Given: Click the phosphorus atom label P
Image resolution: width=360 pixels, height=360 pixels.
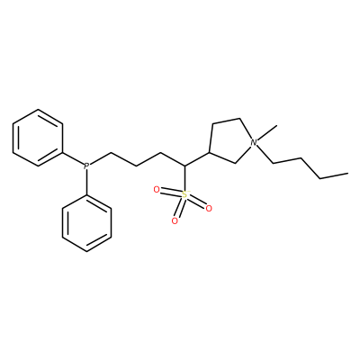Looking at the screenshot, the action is pyautogui.click(x=86, y=166).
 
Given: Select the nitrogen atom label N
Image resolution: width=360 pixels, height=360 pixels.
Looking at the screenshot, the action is pyautogui.click(x=254, y=142).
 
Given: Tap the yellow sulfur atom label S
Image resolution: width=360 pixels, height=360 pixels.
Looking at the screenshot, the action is pyautogui.click(x=184, y=195).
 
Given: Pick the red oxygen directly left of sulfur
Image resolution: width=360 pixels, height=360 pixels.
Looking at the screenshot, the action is pyautogui.click(x=157, y=190).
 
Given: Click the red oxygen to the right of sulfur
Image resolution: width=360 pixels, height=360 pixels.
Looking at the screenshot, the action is pyautogui.click(x=209, y=208).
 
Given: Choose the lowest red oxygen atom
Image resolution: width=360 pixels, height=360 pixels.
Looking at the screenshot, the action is pyautogui.click(x=175, y=221).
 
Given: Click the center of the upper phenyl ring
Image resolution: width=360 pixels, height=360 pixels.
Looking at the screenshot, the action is pyautogui.click(x=38, y=138).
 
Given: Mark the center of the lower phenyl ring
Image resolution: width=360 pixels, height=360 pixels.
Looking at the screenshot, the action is pyautogui.click(x=86, y=223).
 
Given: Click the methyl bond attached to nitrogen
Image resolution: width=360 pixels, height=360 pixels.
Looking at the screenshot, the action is pyautogui.click(x=266, y=132).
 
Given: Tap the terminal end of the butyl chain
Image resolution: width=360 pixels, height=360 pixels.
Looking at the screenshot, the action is pyautogui.click(x=347, y=173).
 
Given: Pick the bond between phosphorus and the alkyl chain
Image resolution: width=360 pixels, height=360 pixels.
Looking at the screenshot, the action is pyautogui.click(x=100, y=158).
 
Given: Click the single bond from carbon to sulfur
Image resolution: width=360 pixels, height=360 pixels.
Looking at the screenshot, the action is pyautogui.click(x=184, y=178).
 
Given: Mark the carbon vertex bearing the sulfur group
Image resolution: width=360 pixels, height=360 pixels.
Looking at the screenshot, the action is pyautogui.click(x=184, y=166).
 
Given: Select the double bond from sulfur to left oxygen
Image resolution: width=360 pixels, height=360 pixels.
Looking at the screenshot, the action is pyautogui.click(x=171, y=193).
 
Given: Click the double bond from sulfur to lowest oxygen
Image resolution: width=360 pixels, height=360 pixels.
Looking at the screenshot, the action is pyautogui.click(x=180, y=208).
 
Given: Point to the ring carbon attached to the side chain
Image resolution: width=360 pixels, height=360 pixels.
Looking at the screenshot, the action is pyautogui.click(x=210, y=153).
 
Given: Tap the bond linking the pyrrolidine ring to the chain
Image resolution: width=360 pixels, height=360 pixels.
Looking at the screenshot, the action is pyautogui.click(x=197, y=159).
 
